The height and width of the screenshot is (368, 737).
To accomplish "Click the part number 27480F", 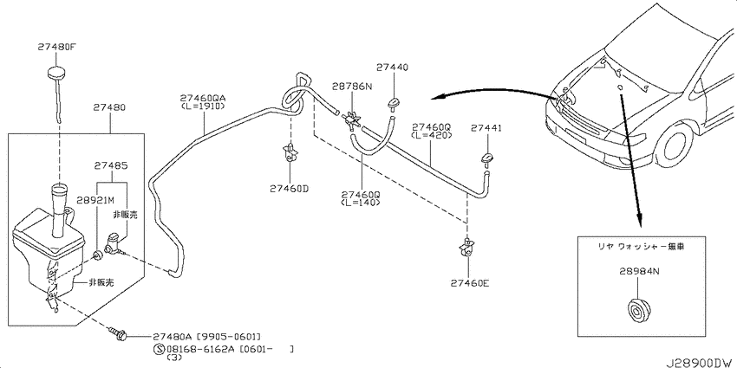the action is [56, 47].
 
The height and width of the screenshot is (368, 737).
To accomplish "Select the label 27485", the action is [110, 166].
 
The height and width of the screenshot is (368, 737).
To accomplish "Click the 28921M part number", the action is [98, 198].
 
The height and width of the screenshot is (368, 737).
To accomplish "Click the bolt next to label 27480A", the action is [118, 334].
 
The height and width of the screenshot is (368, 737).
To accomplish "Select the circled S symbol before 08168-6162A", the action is [159, 350].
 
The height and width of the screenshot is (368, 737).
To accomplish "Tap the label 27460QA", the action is [203, 99].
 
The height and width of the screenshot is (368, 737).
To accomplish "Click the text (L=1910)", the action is [203, 107].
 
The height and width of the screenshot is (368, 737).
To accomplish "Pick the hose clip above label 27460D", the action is [290, 153].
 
